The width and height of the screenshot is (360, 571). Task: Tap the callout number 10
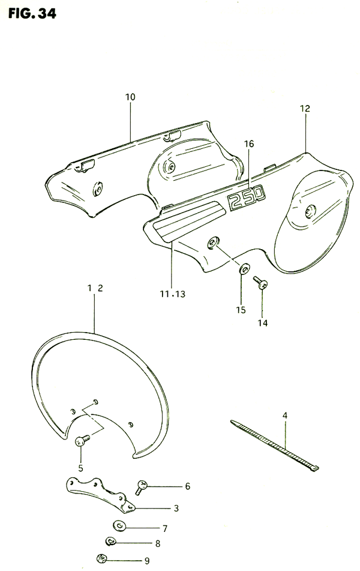pos(130,97)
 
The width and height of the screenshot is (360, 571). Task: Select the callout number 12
pos(305,109)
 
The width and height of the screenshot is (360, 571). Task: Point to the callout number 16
pos(250,144)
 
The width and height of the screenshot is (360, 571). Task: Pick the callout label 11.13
pos(173,294)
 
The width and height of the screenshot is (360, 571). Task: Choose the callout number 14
pos(262,322)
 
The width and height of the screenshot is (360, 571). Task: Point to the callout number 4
pos(286,414)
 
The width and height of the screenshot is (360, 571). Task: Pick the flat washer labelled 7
pos(121,527)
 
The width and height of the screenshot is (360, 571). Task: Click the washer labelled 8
pos(111,542)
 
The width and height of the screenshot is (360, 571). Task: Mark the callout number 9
pos(146,561)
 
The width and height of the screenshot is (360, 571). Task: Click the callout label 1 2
pos(95,288)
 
